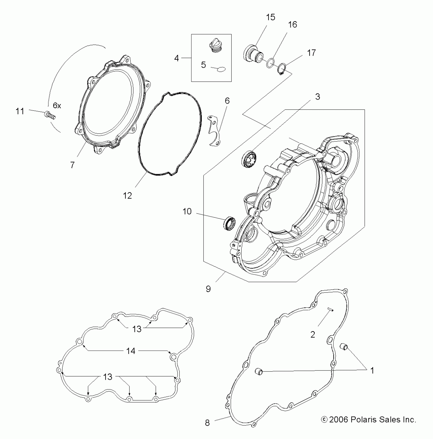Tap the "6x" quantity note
click(x=57, y=105)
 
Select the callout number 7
click(x=72, y=165)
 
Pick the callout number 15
click(x=270, y=17)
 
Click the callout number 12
click(x=127, y=196)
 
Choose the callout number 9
click(x=208, y=289)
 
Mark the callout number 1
click(x=372, y=370)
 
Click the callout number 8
click(x=207, y=423)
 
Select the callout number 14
click(x=131, y=351)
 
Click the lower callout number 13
click(x=108, y=377)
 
